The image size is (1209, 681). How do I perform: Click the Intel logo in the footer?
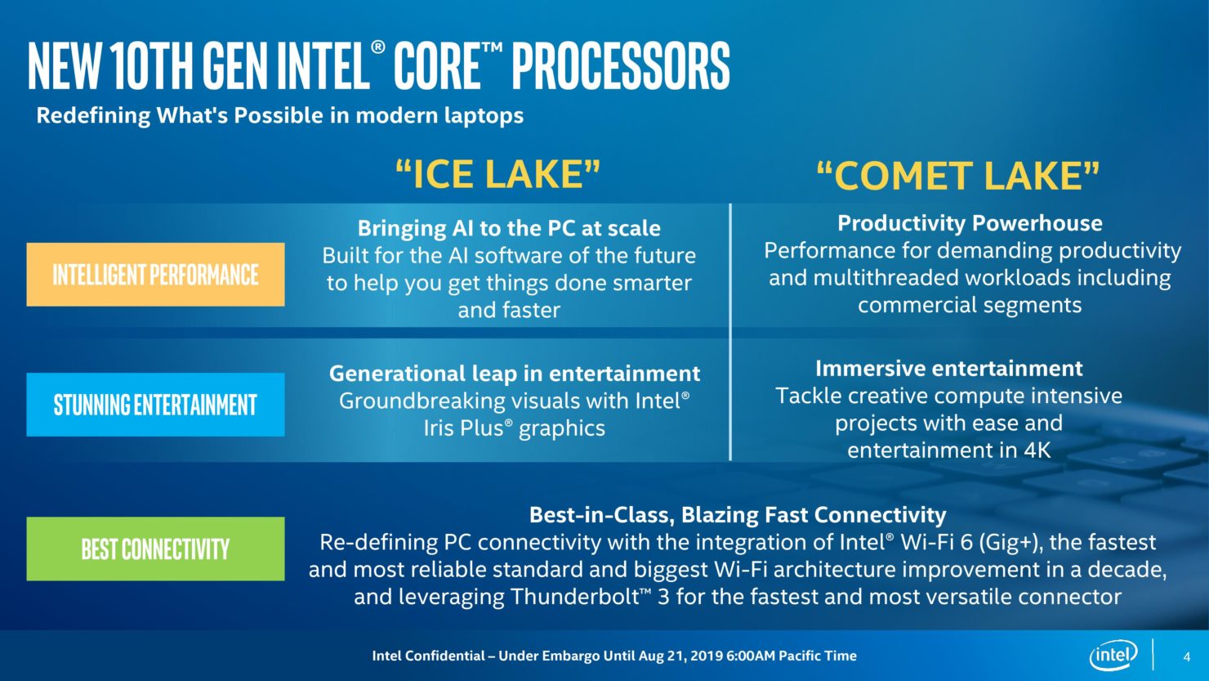tap(1113, 656)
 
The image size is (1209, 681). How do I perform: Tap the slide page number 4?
tap(1187, 656)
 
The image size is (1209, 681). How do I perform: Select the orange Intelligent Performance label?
tap(155, 275)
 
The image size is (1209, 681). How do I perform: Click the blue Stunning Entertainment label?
tap(155, 405)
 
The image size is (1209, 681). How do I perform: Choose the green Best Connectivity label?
tap(155, 549)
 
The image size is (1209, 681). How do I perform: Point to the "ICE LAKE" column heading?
tap(497, 174)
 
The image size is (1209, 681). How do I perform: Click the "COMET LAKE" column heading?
tap(958, 176)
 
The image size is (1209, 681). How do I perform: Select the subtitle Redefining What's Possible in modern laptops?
tap(280, 115)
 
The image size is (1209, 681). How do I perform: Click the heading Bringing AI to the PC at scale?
tap(509, 228)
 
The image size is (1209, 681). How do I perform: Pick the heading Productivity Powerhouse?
tap(970, 223)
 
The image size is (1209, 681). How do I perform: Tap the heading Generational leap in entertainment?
tap(515, 374)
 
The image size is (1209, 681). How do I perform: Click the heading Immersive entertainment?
tap(948, 369)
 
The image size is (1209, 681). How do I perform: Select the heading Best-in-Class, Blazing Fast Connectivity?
tap(738, 515)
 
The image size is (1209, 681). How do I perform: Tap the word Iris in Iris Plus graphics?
tap(441, 428)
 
